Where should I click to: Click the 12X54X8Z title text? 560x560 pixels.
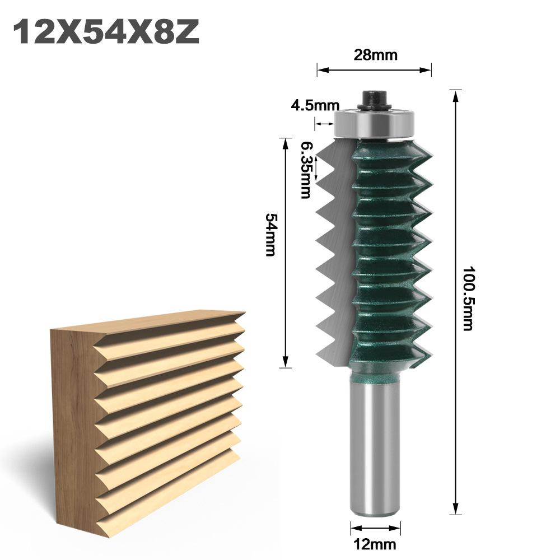106,32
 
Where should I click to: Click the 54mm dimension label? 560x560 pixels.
271,234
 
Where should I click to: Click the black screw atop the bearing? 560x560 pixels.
375,99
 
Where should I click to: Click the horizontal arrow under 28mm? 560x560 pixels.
375,70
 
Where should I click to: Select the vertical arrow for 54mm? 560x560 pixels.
286,252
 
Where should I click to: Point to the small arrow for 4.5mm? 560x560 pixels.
324,124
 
